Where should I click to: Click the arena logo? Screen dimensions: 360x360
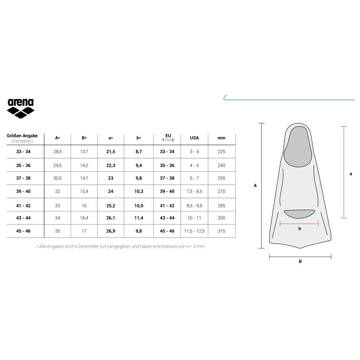click(x=21, y=108)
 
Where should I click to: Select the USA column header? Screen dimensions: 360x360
click(x=194, y=138)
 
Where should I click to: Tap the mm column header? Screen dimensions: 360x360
click(x=222, y=138)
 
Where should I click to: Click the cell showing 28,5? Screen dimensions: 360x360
click(x=57, y=152)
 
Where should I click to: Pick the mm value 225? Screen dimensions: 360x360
click(x=222, y=152)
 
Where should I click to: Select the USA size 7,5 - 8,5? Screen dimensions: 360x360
click(x=194, y=191)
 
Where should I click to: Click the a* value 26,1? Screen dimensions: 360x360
click(x=111, y=218)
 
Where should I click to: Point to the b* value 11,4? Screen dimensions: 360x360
click(x=138, y=218)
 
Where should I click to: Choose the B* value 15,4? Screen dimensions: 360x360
click(x=84, y=191)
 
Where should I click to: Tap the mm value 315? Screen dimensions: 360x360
click(x=222, y=231)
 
